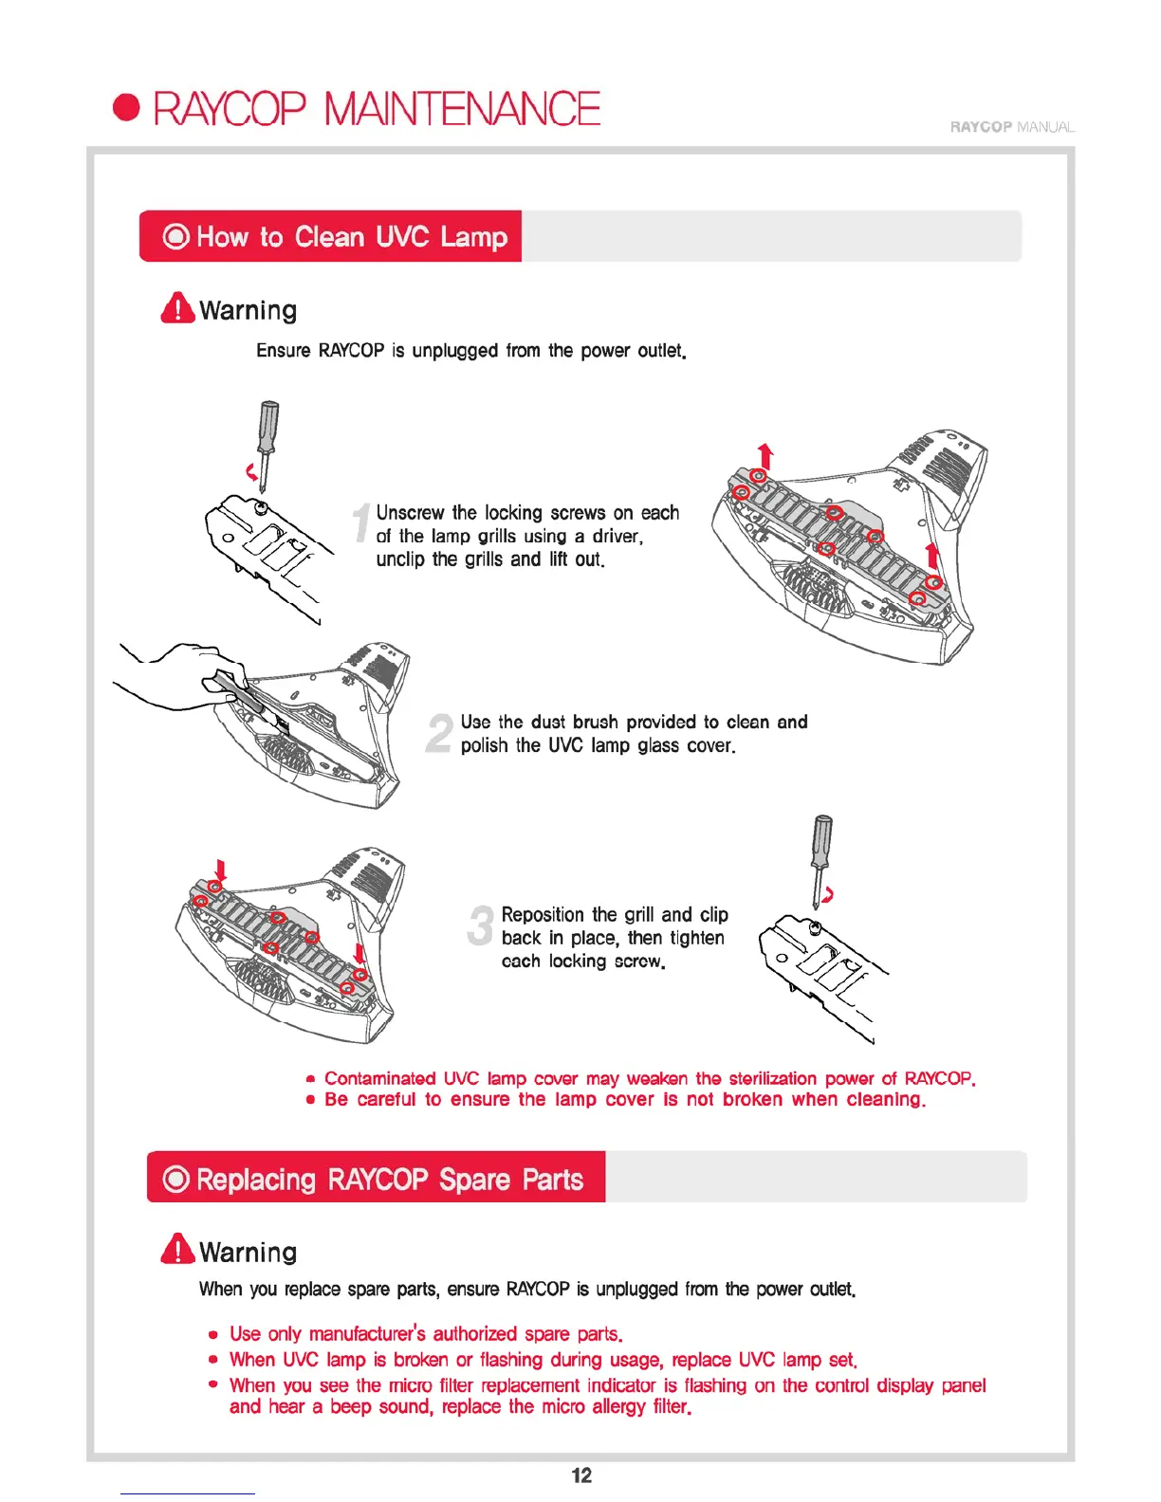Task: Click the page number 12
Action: tap(581, 1475)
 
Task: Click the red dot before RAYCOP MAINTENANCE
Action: tap(126, 108)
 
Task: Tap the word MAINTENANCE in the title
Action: tap(462, 108)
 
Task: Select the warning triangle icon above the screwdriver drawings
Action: tap(177, 308)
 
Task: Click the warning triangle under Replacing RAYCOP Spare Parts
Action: tap(177, 1249)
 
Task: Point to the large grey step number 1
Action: tap(361, 523)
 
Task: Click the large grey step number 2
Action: tap(439, 733)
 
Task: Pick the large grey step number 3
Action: tap(481, 925)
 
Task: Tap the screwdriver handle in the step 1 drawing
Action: tap(270, 426)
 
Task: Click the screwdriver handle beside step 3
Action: tap(822, 839)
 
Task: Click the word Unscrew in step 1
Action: tap(410, 513)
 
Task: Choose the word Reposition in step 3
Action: tap(542, 914)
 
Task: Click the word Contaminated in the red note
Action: tap(379, 1078)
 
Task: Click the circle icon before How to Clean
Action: tap(176, 236)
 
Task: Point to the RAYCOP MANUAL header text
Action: tap(1011, 127)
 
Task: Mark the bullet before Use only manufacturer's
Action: tap(214, 1334)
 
